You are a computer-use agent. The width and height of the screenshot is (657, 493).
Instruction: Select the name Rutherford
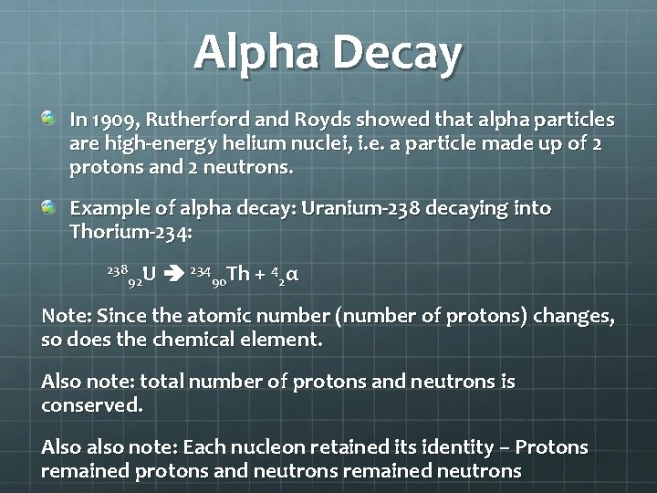[194, 121]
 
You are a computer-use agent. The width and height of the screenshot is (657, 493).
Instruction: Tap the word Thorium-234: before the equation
[130, 232]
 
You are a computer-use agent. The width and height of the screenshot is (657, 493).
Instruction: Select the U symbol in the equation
[149, 273]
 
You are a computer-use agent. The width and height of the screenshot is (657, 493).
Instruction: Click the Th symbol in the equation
[238, 273]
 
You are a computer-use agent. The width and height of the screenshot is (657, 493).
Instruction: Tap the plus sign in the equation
[260, 274]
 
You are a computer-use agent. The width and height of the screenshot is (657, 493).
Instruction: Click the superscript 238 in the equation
[117, 268]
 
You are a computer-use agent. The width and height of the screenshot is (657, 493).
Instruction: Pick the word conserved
[91, 404]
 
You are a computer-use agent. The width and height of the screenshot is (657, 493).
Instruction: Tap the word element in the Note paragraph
[286, 340]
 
